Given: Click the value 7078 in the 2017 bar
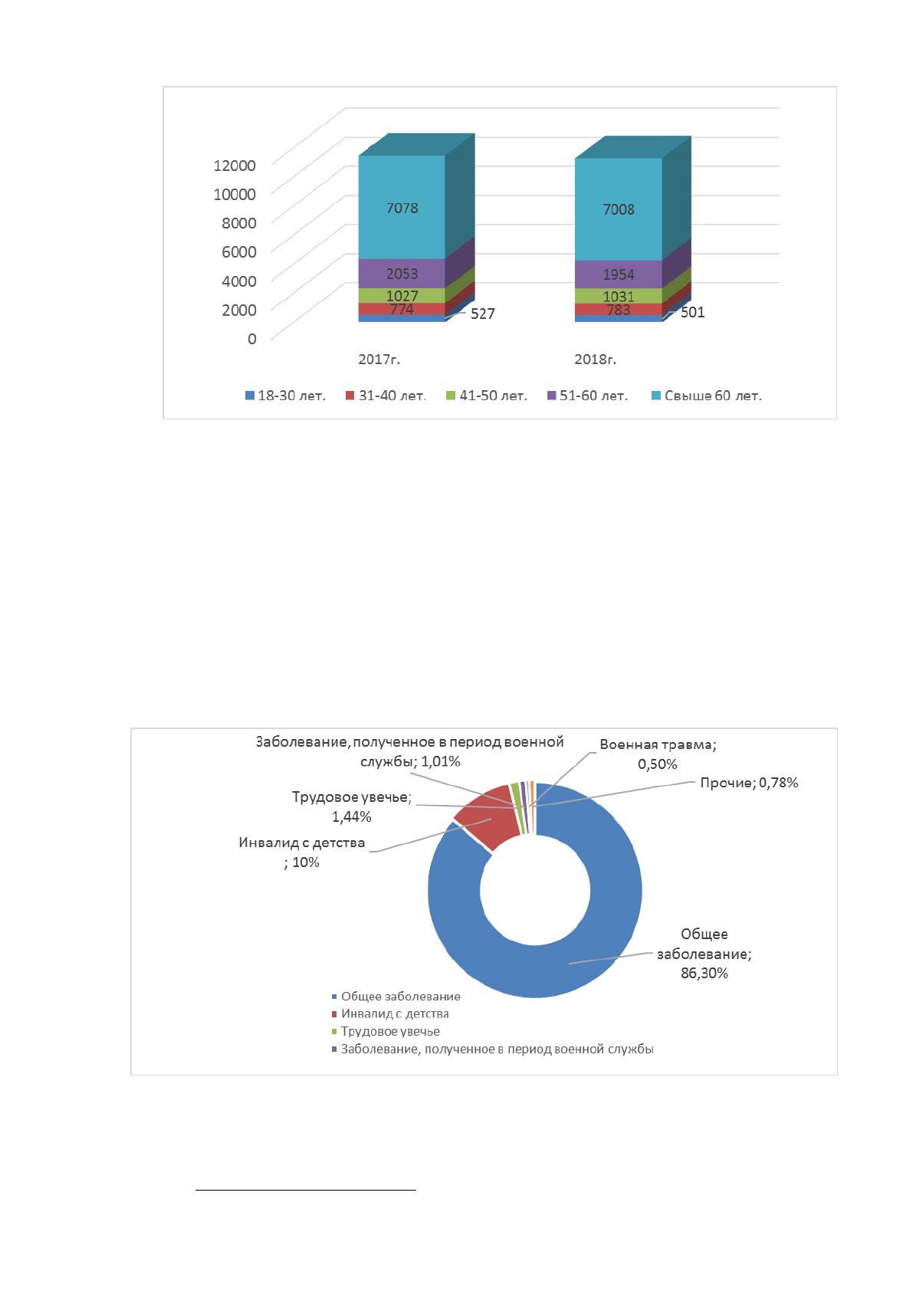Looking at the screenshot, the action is tap(402, 208).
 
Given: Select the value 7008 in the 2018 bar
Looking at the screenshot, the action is tap(619, 209).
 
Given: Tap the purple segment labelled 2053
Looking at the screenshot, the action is tap(402, 274).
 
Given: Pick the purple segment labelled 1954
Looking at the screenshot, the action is tap(619, 274).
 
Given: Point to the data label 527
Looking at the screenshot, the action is tap(482, 314).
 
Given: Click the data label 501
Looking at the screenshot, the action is tap(692, 312).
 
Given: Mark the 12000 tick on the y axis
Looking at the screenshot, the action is tap(235, 166).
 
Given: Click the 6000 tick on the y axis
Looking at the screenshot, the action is tap(238, 252).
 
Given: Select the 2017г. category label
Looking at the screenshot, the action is tap(379, 360).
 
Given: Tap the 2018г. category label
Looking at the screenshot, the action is tap(595, 360).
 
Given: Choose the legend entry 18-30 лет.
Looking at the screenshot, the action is tap(285, 396).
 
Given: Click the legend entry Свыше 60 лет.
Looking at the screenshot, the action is tap(707, 396).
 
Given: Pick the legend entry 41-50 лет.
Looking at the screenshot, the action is tap(487, 396).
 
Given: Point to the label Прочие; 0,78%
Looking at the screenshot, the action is tap(749, 783).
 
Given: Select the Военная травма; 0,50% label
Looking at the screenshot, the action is tap(658, 754).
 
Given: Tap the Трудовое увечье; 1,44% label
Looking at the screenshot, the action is tap(352, 806).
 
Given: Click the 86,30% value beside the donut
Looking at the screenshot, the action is tap(704, 974).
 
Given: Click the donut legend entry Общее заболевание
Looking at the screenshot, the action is tap(396, 997).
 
